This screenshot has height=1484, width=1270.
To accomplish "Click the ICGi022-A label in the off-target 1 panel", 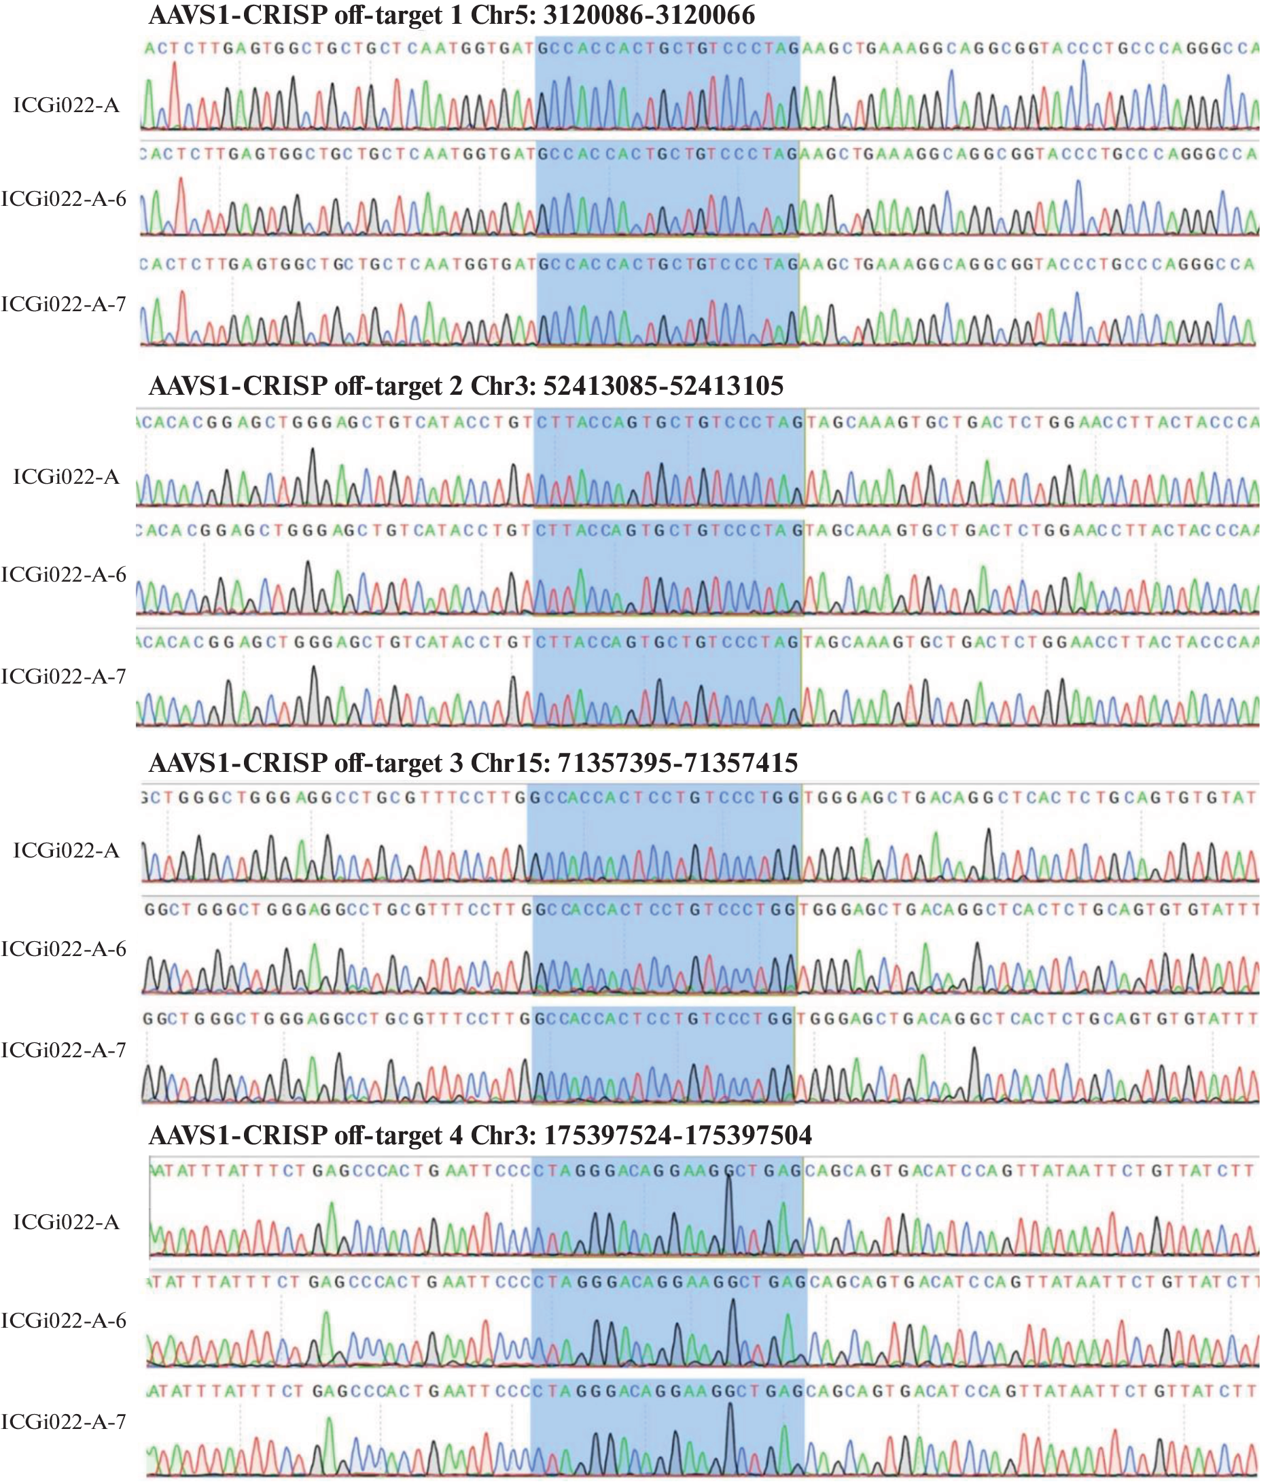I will [66, 106].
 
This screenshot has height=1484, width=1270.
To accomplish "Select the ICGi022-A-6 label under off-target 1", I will [64, 199].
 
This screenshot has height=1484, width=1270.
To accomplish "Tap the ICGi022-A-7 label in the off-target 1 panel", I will [64, 304].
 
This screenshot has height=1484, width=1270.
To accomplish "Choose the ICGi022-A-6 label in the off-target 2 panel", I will [64, 574].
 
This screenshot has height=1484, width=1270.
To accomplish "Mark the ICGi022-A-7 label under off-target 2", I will [64, 677].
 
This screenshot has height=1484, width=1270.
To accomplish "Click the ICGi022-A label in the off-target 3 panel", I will [66, 851].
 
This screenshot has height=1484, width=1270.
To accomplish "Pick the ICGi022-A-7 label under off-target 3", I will [64, 1050].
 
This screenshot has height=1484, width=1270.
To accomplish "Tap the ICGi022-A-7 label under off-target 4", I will [64, 1421].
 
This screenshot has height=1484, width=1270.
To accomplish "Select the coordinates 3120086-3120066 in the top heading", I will [648, 14].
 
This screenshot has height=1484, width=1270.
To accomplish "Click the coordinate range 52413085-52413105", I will [663, 386].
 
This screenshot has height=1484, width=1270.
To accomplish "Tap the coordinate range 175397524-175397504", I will [677, 1135].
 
